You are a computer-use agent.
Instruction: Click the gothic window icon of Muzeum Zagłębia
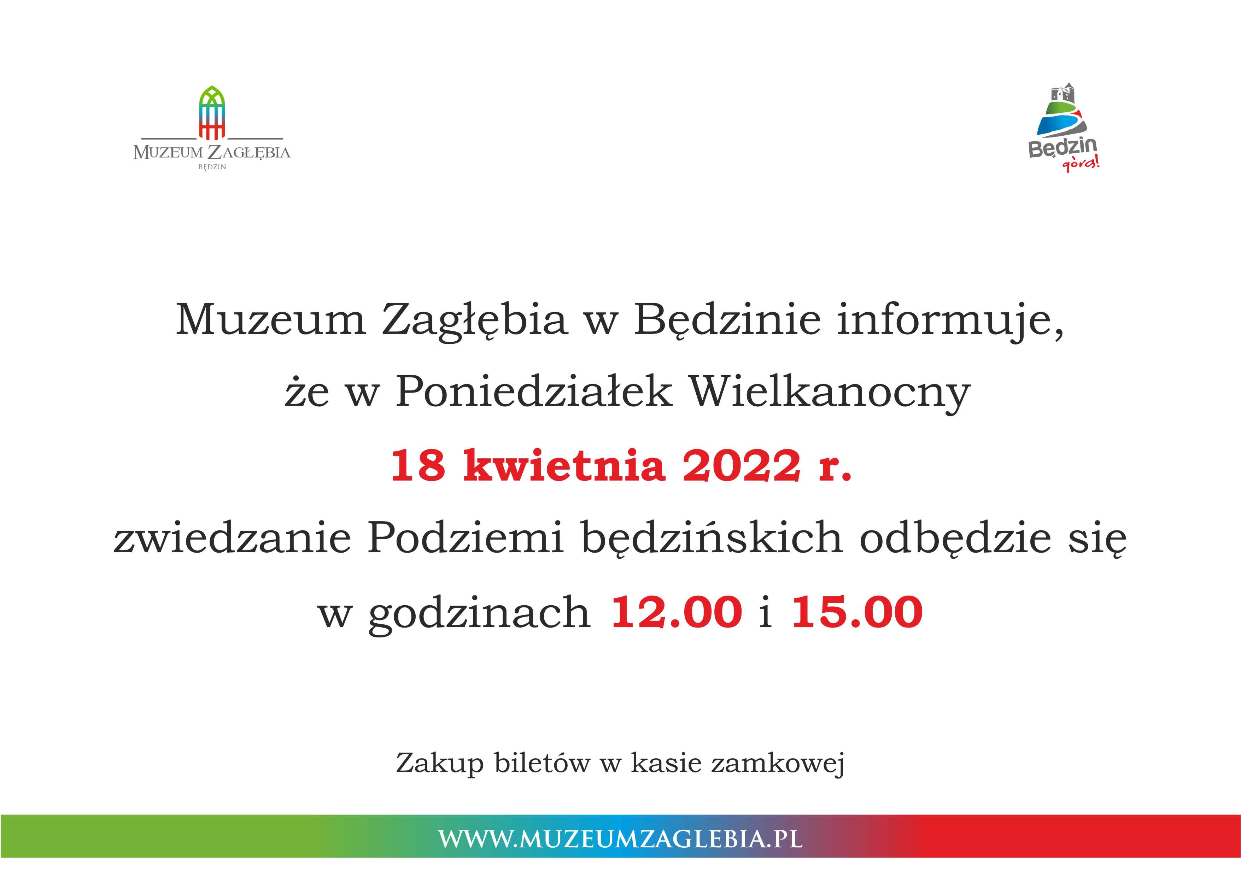pyautogui.click(x=212, y=112)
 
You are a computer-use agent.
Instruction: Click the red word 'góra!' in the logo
pyautogui.click(x=1081, y=163)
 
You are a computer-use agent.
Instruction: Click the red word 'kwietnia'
pyautogui.click(x=564, y=465)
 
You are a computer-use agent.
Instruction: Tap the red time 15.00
pyautogui.click(x=857, y=612)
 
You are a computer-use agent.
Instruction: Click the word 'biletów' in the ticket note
pyautogui.click(x=542, y=763)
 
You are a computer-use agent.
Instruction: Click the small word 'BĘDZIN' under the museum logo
pyautogui.click(x=212, y=167)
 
